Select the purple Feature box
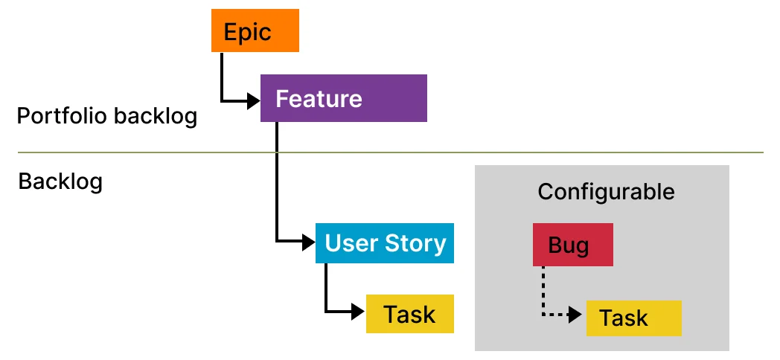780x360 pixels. (x=343, y=98)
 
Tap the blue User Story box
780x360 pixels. (x=384, y=242)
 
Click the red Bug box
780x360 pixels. (x=572, y=245)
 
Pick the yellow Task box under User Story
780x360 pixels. (x=409, y=314)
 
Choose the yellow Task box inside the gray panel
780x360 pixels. (x=633, y=318)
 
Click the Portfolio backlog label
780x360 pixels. (x=107, y=117)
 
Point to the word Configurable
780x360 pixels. (x=606, y=191)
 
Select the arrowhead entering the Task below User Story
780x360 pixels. (x=359, y=312)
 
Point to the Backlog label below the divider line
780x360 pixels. (x=60, y=182)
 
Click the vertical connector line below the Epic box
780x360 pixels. (x=222, y=74)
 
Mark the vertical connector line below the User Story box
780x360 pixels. (x=326, y=286)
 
